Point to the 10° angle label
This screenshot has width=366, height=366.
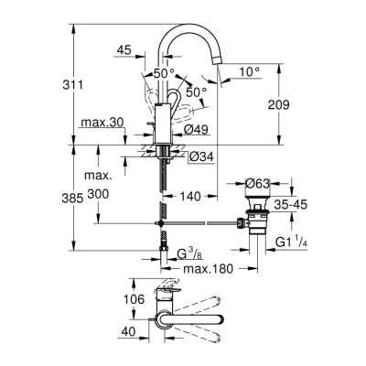(249, 70)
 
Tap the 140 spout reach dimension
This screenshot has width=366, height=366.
(190, 196)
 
